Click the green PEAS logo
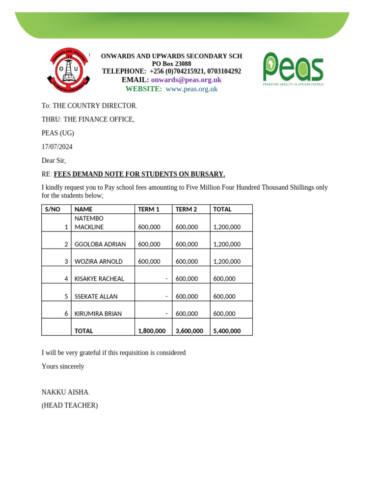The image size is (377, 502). (x=293, y=69)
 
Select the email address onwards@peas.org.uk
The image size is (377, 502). (x=186, y=80)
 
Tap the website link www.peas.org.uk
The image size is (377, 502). (x=191, y=89)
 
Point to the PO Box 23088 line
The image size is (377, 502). (x=171, y=64)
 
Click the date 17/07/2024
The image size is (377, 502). (x=57, y=147)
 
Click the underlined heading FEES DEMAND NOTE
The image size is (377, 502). (x=139, y=174)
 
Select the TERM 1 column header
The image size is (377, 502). (x=149, y=209)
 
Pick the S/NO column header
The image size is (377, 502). (x=53, y=209)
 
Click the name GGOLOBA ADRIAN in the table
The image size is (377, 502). (x=100, y=244)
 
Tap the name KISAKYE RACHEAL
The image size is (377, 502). (x=99, y=279)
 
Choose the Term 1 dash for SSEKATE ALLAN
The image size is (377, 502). (x=166, y=296)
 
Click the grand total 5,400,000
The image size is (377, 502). (x=227, y=331)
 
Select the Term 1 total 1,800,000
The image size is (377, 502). (x=152, y=331)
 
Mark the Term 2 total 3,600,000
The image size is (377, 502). (x=189, y=331)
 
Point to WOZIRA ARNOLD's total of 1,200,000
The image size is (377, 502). (x=227, y=262)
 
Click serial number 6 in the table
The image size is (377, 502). (x=66, y=314)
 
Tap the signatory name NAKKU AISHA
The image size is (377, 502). (x=65, y=392)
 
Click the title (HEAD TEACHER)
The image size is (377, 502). (x=70, y=405)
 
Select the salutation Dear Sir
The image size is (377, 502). (x=54, y=160)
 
